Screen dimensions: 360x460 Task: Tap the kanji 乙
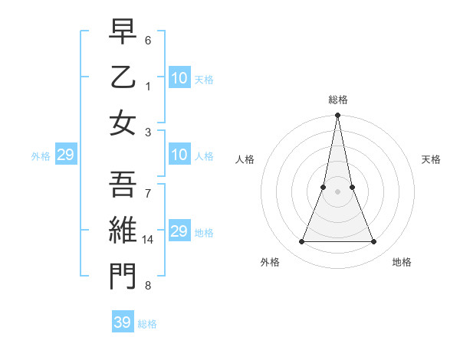(x=123, y=79)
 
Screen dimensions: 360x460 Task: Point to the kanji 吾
(x=123, y=185)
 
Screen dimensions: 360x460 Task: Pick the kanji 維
(x=123, y=229)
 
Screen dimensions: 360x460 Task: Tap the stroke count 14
(x=149, y=239)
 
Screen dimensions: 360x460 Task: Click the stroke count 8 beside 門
(x=149, y=286)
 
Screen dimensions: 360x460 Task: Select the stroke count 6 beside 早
(x=149, y=39)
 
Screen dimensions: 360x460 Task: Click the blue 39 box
(x=123, y=322)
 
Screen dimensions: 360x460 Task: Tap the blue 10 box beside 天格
(x=179, y=78)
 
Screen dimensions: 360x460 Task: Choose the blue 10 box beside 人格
(x=179, y=155)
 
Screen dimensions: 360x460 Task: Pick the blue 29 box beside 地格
(x=179, y=231)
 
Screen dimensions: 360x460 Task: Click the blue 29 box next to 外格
(x=65, y=155)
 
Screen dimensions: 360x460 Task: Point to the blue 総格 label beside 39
(x=148, y=324)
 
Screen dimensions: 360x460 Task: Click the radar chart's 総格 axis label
(x=338, y=100)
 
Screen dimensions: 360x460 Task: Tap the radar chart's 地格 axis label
(x=402, y=262)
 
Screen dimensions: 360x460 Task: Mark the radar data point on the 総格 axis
(x=338, y=116)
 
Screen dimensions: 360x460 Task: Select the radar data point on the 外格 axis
(x=301, y=242)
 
